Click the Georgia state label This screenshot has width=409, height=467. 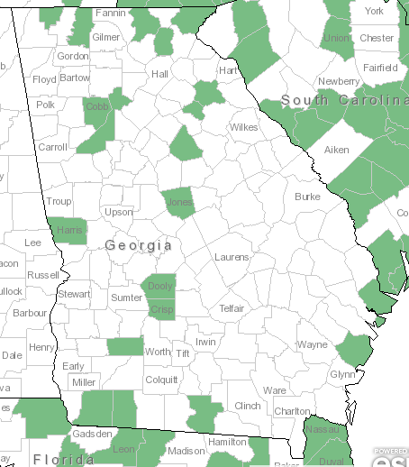138,245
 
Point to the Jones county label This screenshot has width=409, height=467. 179,203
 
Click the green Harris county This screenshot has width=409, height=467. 68,231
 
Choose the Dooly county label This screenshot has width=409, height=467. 160,287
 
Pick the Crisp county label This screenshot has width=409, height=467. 161,309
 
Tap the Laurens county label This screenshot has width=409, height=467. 232,258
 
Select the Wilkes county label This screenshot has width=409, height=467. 243,128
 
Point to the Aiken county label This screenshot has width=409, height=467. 336,150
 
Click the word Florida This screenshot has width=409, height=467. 64,460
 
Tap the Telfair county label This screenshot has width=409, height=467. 232,308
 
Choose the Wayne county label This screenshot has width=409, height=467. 313,344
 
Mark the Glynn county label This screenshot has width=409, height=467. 343,374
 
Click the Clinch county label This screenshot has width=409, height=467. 247,407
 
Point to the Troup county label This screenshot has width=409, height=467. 59,202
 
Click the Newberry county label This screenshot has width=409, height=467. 339,81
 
